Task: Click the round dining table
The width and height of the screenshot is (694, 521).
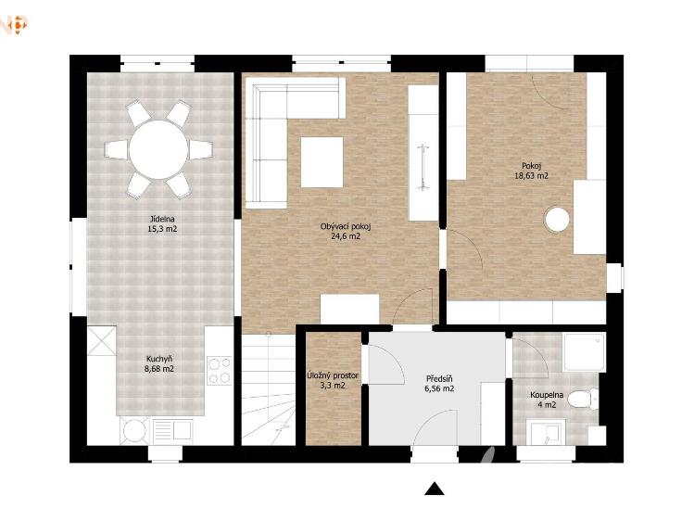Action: click(x=158, y=149)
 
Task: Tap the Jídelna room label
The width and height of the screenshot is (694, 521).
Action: click(x=162, y=219)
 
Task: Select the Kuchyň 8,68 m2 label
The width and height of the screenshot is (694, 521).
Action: click(x=158, y=363)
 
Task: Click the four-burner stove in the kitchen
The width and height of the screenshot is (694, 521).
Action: click(x=220, y=371)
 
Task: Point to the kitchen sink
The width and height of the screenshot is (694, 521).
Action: click(x=172, y=430)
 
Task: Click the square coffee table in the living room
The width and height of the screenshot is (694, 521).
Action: click(x=322, y=162)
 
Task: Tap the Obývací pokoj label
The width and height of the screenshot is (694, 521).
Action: click(x=346, y=226)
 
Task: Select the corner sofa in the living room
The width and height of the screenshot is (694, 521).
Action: click(x=279, y=128)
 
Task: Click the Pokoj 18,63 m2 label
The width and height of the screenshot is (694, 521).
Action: click(x=531, y=171)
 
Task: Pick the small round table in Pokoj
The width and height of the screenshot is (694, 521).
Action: click(x=557, y=220)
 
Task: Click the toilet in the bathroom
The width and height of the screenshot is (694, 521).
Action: click(x=583, y=399)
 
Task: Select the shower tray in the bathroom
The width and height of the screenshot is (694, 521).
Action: click(x=584, y=352)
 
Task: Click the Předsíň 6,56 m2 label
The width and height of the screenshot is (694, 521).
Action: click(x=439, y=384)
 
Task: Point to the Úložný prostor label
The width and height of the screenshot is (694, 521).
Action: click(x=333, y=375)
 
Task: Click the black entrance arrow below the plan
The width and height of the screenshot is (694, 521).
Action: click(x=435, y=489)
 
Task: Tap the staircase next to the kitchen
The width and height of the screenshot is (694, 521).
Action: click(x=269, y=389)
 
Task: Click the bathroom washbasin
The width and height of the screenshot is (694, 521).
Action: click(x=548, y=433)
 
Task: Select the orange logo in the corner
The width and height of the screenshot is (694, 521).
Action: click(x=14, y=24)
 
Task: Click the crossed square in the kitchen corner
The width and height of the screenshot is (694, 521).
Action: click(x=102, y=340)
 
